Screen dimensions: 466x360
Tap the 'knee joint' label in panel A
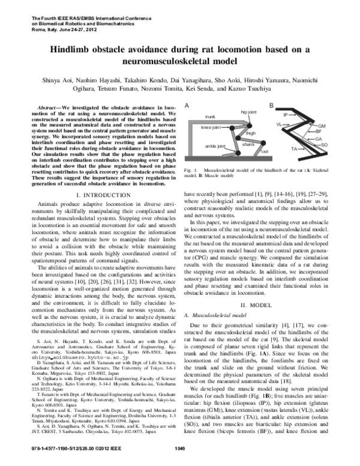coord(211,128)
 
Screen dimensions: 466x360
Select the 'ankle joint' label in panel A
coord(215,146)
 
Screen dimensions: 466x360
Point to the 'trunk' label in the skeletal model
coord(210,116)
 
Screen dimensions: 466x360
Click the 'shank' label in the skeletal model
coord(248,144)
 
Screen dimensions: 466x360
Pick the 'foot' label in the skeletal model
coord(263,153)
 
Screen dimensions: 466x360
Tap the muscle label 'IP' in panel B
coord(286,114)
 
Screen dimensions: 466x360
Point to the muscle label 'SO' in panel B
coord(340,145)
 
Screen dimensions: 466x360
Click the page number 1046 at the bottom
coord(179,448)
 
